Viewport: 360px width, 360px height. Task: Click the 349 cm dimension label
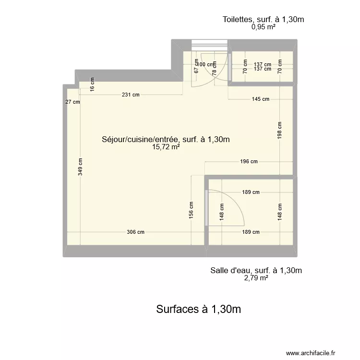pyautogui.click(x=81, y=167)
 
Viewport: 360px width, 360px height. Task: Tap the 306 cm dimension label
pyautogui.click(x=135, y=232)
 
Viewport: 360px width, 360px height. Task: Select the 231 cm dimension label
pyautogui.click(x=131, y=95)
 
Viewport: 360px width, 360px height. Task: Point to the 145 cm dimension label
pyautogui.click(x=260, y=99)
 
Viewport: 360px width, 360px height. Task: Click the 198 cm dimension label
pyautogui.click(x=280, y=130)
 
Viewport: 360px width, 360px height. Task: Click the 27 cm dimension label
pyautogui.click(x=73, y=102)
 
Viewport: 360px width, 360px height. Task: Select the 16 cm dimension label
pyautogui.click(x=93, y=84)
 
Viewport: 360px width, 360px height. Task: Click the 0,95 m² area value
pyautogui.click(x=263, y=27)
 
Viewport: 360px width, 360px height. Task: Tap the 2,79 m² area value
pyautogui.click(x=256, y=278)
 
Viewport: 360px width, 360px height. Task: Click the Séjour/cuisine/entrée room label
pyautogui.click(x=166, y=140)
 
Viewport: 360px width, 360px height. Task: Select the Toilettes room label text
pyautogui.click(x=264, y=20)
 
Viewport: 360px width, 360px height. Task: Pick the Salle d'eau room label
pyautogui.click(x=256, y=270)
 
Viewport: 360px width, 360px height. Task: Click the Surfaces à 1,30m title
pyautogui.click(x=198, y=310)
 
